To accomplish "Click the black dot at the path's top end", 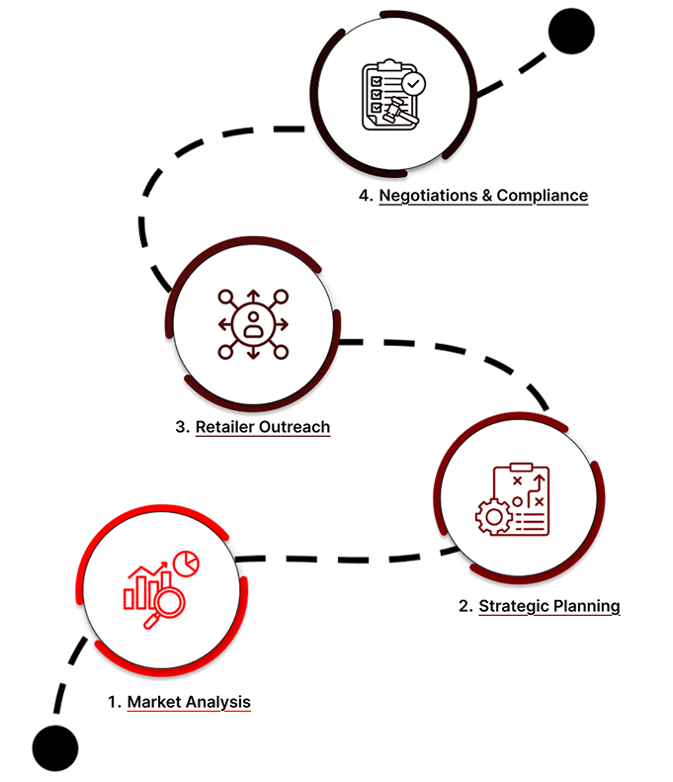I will point(571,33).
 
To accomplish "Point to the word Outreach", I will point(295,427).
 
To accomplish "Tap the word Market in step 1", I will point(154,702).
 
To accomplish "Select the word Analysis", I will point(217,702).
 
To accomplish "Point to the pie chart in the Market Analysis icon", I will point(186,563).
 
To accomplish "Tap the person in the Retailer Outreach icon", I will point(254,323).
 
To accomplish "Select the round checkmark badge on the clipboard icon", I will point(413,83).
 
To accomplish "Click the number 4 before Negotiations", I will point(365,195).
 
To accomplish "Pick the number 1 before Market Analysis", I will point(114,702).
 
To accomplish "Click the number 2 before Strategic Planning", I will point(464,605).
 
